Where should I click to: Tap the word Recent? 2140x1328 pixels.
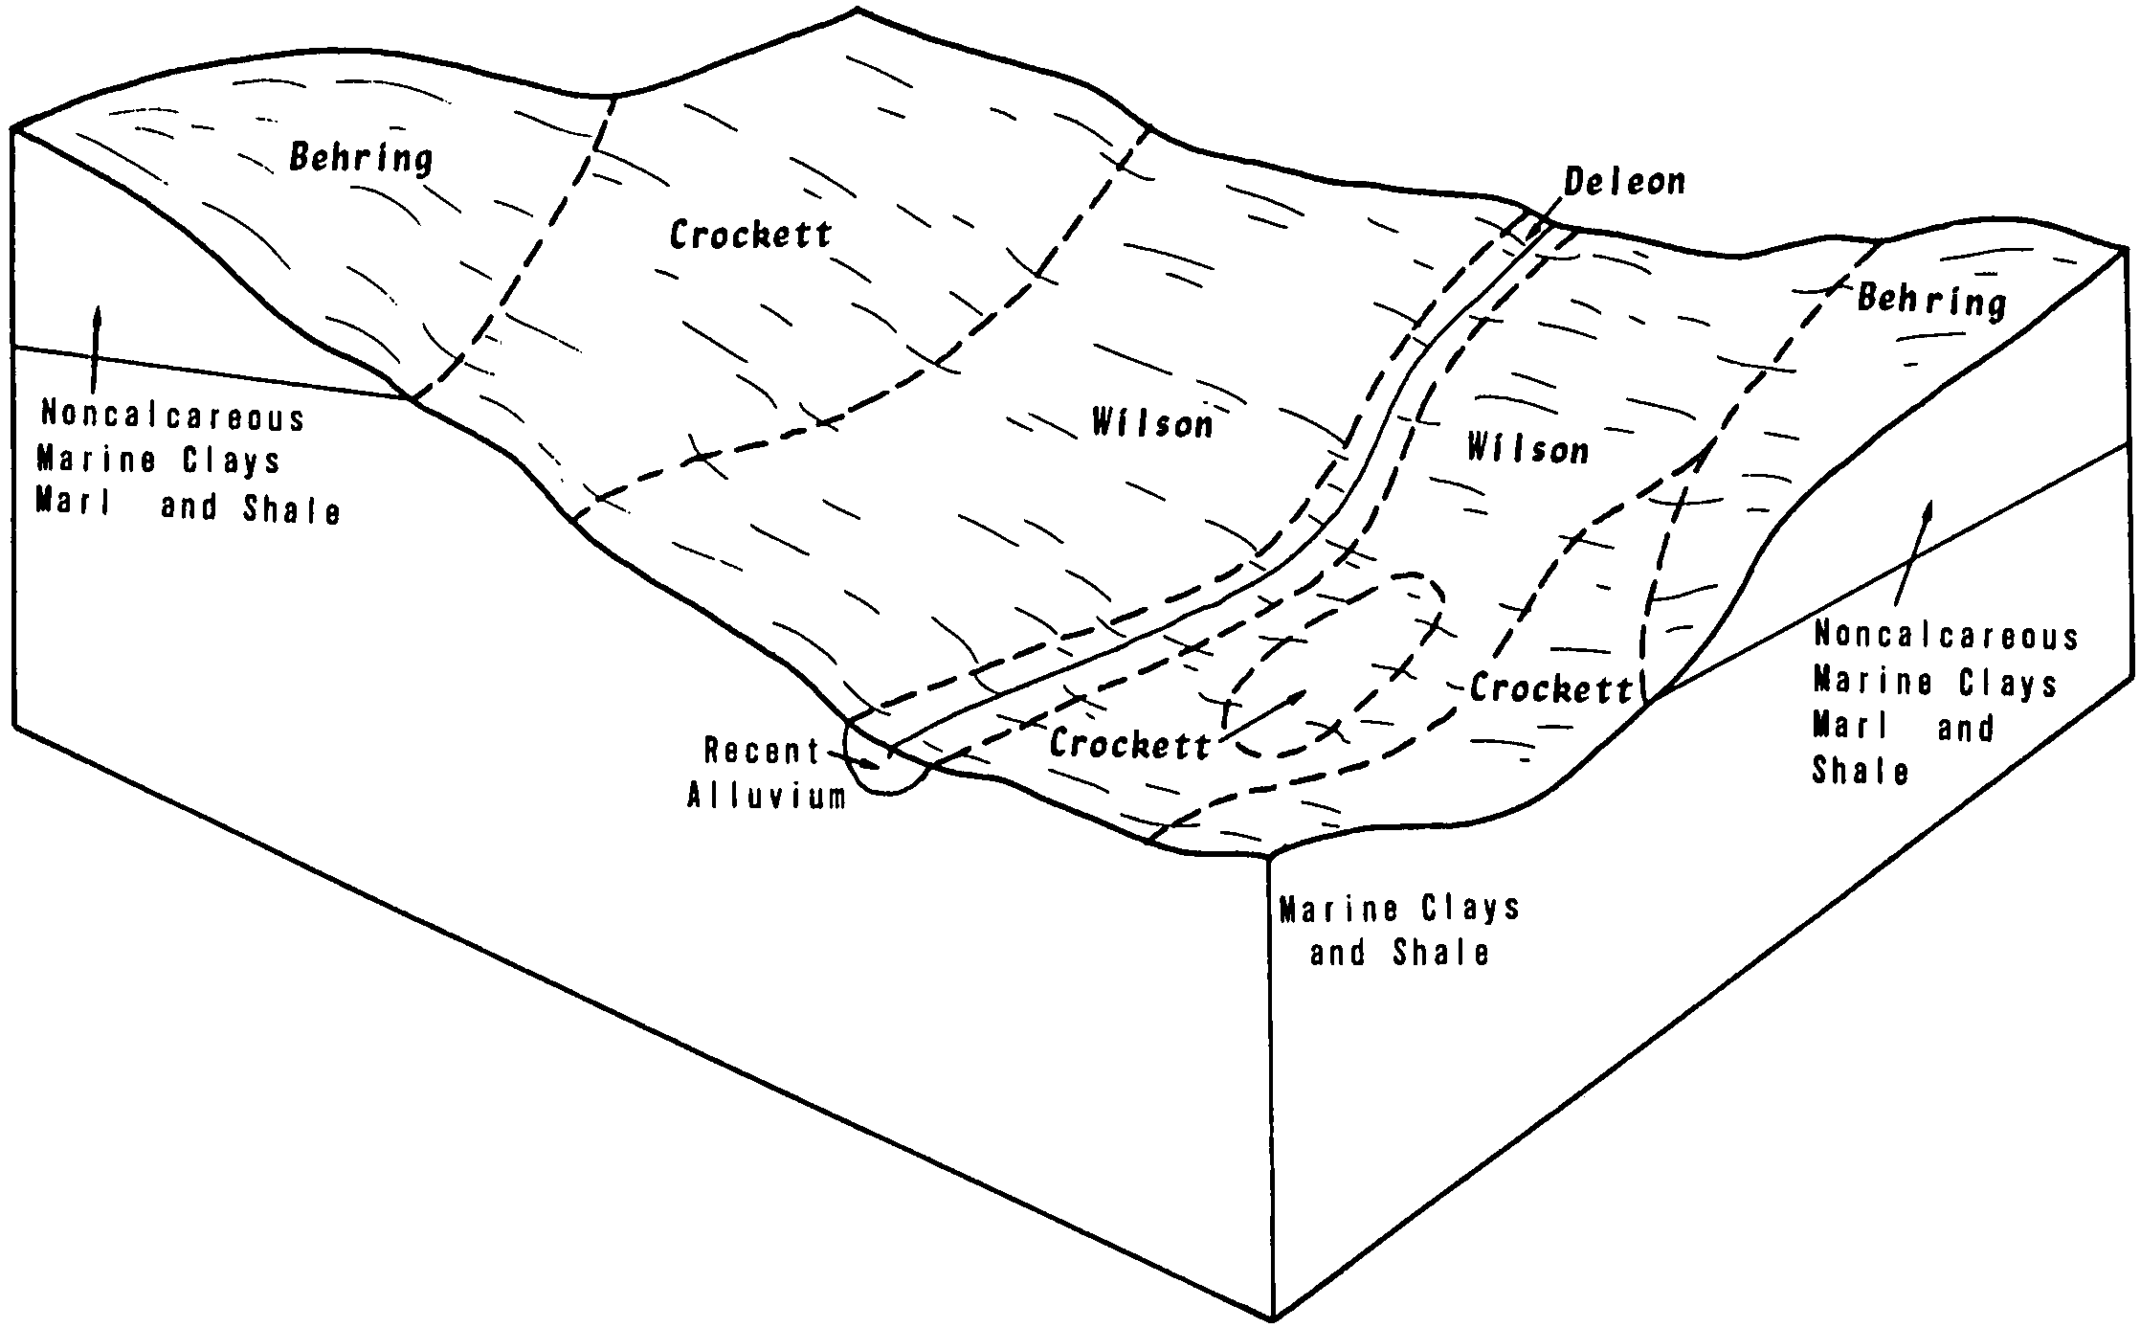tap(762, 751)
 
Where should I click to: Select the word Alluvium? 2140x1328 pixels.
tap(767, 797)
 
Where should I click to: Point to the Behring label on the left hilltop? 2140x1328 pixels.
tap(361, 158)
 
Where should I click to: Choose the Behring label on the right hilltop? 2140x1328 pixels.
tap(1931, 301)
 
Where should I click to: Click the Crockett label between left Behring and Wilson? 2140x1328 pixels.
tap(750, 235)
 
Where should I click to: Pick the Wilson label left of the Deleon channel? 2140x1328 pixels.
tap(1152, 423)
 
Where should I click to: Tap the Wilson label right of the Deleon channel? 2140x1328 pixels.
tap(1527, 449)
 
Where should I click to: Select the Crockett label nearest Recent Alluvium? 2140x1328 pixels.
tap(1129, 744)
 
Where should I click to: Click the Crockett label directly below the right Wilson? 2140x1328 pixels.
tap(1550, 688)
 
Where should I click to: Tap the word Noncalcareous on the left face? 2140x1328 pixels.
tap(172, 417)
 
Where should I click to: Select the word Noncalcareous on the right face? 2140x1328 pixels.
tap(1946, 636)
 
